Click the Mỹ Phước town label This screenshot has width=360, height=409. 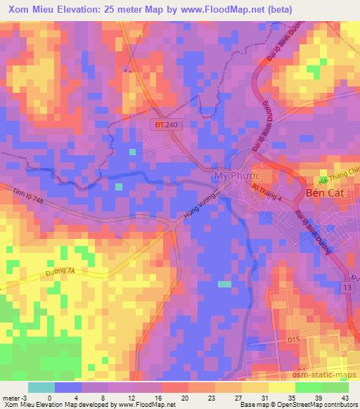233,174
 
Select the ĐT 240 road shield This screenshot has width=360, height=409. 164,123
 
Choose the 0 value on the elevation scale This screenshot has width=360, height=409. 49,397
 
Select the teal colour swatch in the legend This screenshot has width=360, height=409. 41,387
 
